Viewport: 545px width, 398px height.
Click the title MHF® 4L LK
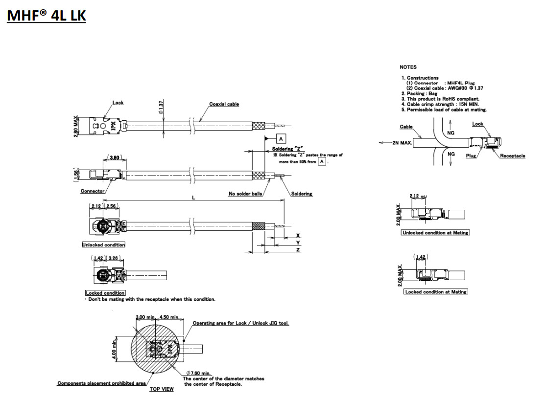pyautogui.click(x=47, y=16)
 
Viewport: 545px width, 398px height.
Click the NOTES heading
pyautogui.click(x=408, y=67)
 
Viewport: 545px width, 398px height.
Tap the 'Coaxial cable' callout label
pyautogui.click(x=224, y=104)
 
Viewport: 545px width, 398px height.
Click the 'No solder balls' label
pyautogui.click(x=245, y=194)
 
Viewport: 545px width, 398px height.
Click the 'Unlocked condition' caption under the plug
pyautogui.click(x=103, y=244)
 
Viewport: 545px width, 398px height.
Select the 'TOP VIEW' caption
pyautogui.click(x=161, y=389)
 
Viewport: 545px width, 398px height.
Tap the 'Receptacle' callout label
pyautogui.click(x=512, y=156)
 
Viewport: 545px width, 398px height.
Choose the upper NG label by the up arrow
pyautogui.click(x=451, y=133)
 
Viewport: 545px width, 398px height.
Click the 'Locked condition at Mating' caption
pyautogui.click(x=435, y=292)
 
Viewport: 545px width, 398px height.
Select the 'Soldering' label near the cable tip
pyautogui.click(x=301, y=194)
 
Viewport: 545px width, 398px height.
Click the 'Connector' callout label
pyautogui.click(x=93, y=191)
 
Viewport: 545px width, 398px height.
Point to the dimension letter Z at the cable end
pyautogui.click(x=298, y=250)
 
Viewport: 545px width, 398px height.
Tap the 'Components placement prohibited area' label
pyautogui.click(x=101, y=383)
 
